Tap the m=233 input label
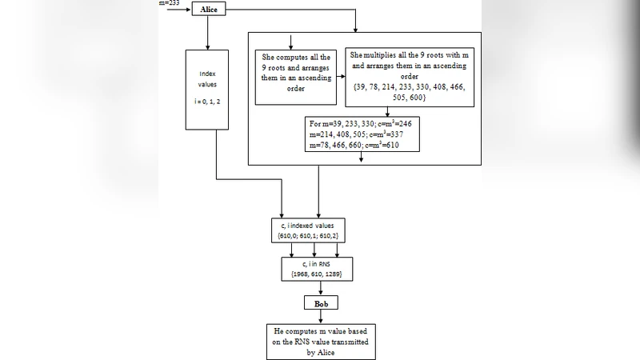171,3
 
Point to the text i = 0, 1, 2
208,103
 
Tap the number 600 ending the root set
415,96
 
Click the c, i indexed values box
318,231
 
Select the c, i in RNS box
318,268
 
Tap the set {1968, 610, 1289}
318,274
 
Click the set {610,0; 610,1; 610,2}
318,237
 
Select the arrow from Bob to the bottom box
318,317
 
